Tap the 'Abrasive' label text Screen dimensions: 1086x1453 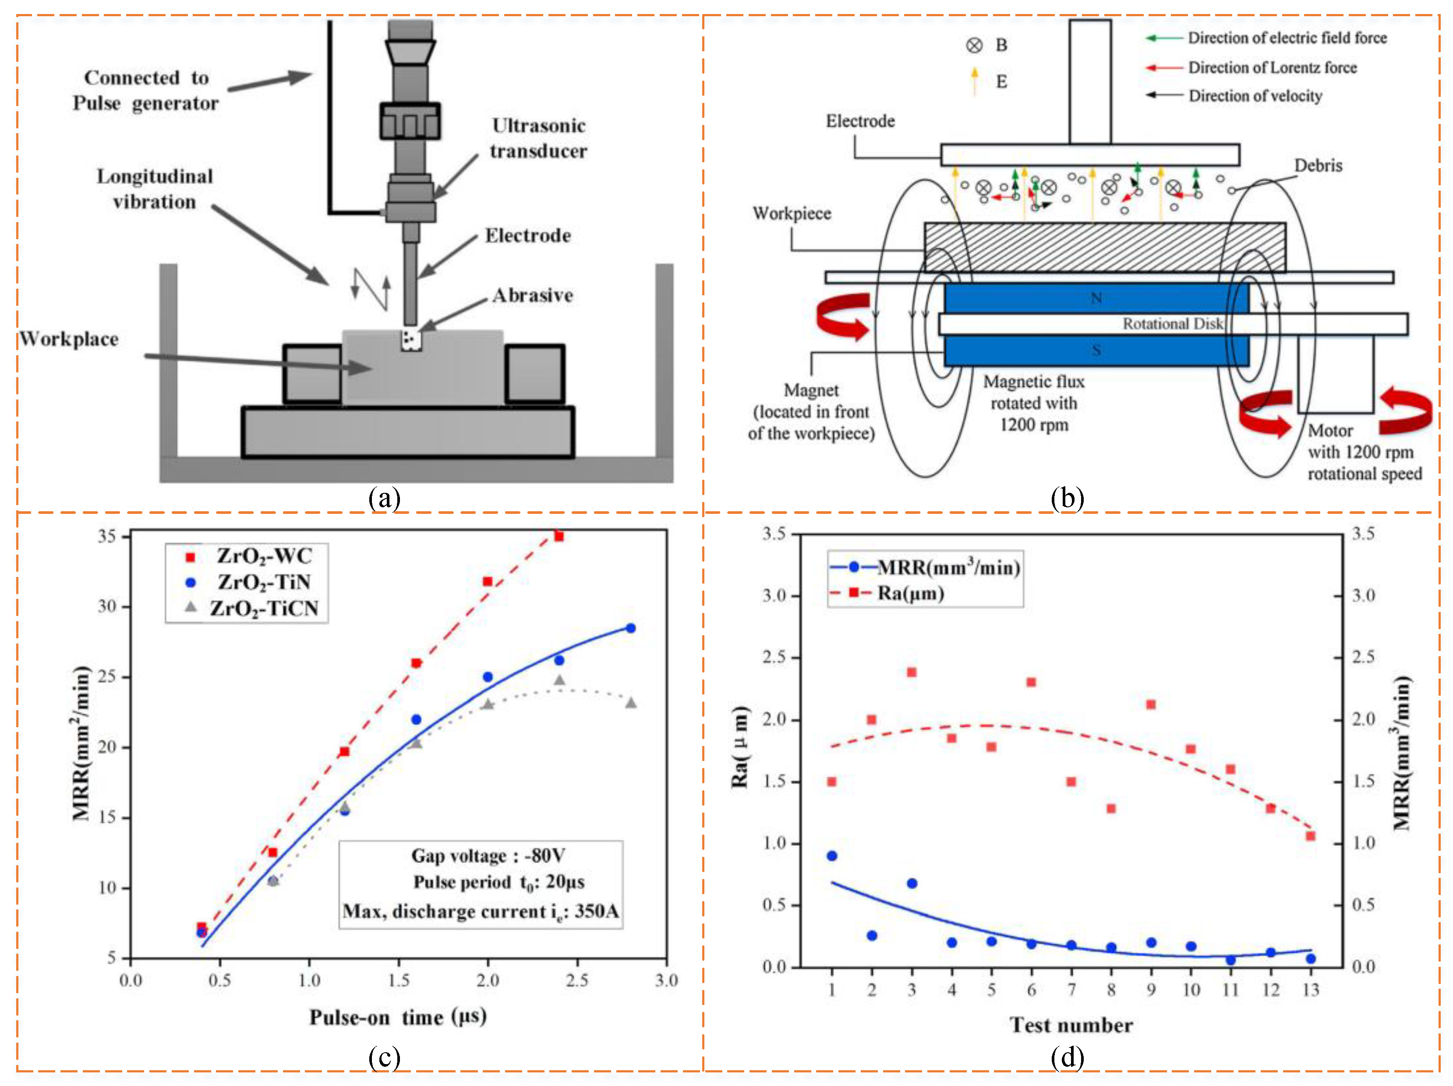(x=532, y=296)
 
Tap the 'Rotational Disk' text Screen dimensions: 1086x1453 (x=1173, y=324)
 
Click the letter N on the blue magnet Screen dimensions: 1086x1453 (x=1096, y=298)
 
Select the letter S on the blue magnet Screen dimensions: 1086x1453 (x=1096, y=350)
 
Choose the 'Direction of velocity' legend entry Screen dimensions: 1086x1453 (x=1255, y=96)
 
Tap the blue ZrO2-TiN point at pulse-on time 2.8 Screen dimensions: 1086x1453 (x=631, y=628)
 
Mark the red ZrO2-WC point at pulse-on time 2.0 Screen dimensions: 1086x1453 (x=488, y=581)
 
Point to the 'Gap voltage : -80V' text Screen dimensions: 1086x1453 (x=488, y=856)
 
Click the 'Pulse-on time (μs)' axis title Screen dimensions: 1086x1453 (x=398, y=1017)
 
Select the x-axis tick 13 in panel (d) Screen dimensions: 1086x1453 (x=1311, y=990)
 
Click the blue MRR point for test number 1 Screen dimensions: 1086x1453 (x=832, y=856)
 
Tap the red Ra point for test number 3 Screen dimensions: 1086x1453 (x=912, y=672)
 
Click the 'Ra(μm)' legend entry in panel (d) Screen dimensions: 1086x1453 (x=910, y=593)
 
